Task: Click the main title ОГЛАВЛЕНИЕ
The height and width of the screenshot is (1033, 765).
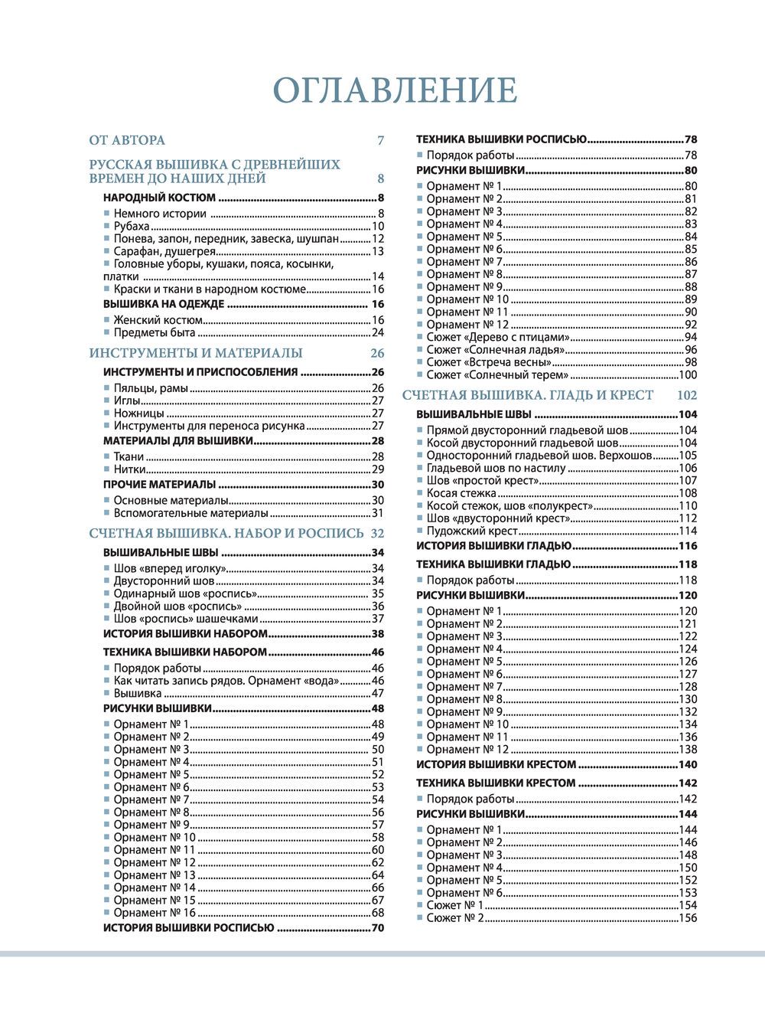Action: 395,90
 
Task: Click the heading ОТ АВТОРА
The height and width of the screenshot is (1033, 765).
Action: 127,140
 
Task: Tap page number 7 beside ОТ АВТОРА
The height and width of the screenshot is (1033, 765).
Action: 380,140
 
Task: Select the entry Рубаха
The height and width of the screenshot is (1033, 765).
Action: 132,226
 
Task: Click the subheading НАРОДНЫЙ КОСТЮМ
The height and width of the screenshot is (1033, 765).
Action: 159,198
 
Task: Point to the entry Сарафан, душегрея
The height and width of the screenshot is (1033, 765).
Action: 164,251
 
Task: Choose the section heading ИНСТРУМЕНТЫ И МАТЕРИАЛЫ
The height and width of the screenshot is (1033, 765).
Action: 196,353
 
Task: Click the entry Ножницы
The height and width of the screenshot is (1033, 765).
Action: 138,413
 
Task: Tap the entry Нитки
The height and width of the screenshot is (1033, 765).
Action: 130,469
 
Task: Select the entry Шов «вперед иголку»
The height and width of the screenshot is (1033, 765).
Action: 169,568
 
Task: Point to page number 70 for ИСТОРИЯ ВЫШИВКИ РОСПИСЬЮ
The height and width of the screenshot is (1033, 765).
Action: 377,928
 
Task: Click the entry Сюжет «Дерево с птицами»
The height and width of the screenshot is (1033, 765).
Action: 498,337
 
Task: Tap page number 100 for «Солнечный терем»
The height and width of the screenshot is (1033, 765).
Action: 688,375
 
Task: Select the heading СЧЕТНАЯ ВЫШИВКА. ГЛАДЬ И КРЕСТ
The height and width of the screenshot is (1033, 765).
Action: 528,395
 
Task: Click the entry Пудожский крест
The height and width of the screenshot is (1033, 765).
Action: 472,531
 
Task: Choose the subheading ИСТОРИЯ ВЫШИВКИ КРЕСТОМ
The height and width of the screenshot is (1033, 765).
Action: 496,764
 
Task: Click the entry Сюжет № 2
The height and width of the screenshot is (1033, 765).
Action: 455,917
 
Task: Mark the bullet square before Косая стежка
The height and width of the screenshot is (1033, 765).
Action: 420,493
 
